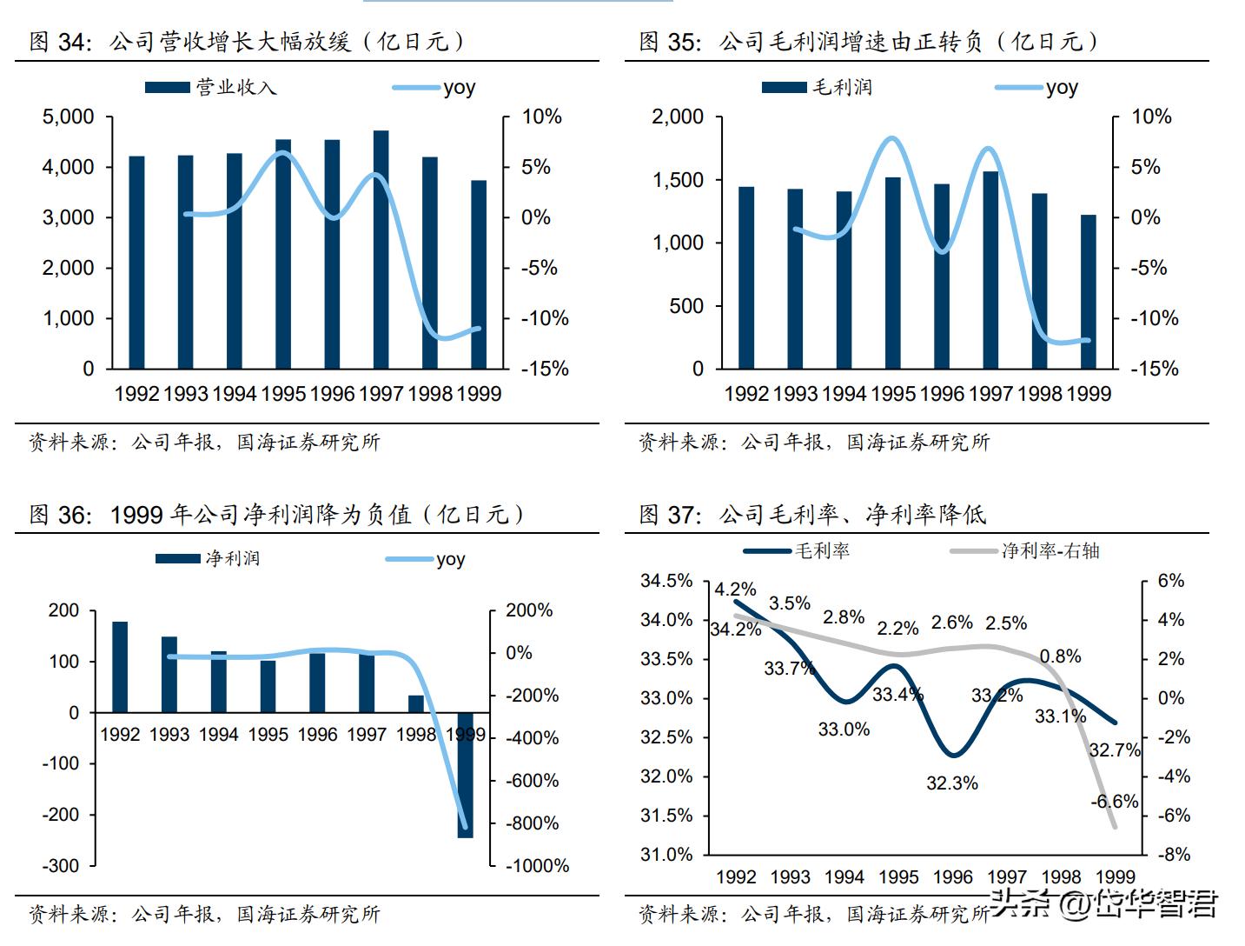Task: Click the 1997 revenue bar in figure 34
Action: [381, 250]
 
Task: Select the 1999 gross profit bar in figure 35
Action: [1089, 292]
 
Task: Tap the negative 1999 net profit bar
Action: [466, 775]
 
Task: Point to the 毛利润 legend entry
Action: [817, 87]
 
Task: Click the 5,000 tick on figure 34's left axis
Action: [69, 117]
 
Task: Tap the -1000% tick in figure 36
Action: [537, 865]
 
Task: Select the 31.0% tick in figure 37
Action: [666, 854]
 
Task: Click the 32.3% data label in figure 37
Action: [952, 783]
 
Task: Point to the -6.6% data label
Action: [1114, 802]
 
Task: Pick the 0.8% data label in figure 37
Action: [1060, 656]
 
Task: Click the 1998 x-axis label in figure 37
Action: [1061, 876]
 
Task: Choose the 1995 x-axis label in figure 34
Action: [283, 394]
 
